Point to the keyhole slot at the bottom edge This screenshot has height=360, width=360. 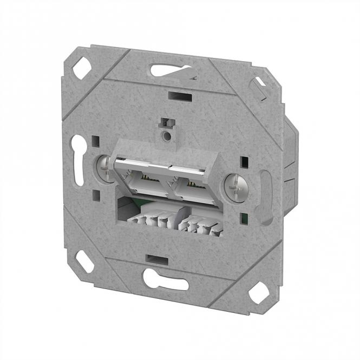165,279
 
